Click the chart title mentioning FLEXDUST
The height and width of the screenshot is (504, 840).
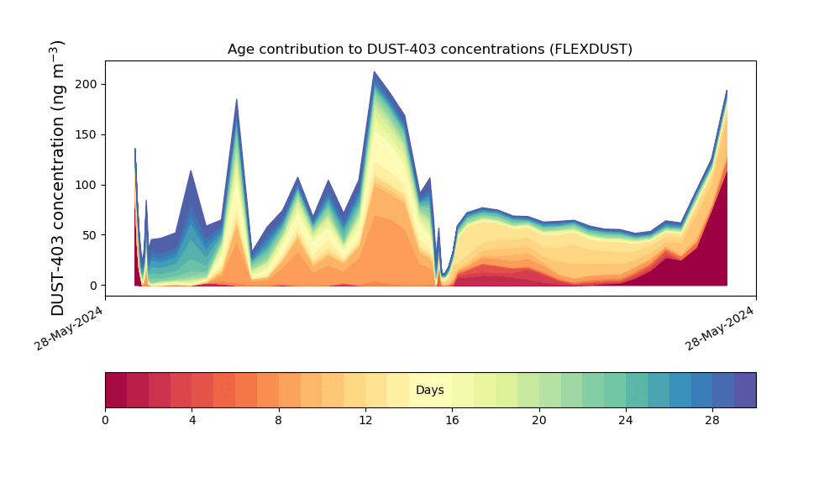point(429,49)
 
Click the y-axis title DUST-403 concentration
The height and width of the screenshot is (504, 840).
point(58,177)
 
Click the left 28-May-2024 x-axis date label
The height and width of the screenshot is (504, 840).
point(70,328)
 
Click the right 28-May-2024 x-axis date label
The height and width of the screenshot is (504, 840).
point(721,328)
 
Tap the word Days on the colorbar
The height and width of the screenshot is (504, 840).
point(429,391)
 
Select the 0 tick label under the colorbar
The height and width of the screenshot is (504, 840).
point(105,420)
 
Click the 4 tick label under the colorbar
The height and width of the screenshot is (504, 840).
point(192,420)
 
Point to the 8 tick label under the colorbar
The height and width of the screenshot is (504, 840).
point(279,420)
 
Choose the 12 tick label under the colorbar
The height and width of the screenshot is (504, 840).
point(365,420)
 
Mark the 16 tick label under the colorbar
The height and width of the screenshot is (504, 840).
point(452,420)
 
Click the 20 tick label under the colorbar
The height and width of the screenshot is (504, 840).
point(538,420)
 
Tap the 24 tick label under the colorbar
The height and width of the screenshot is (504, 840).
point(626,420)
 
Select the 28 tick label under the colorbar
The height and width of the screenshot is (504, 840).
point(712,420)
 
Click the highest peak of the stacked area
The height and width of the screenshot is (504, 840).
point(374,73)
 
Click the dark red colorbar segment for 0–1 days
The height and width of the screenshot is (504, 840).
point(116,390)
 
